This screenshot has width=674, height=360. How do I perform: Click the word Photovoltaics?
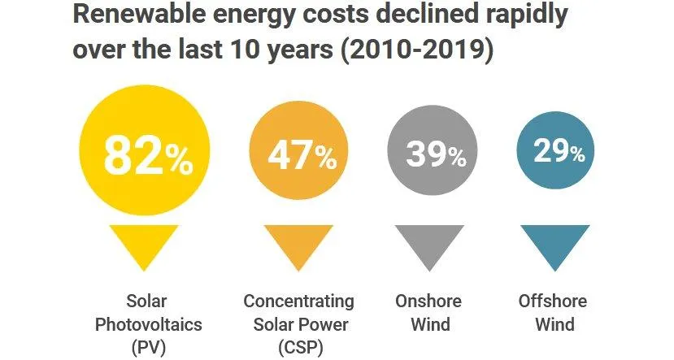click(148, 325)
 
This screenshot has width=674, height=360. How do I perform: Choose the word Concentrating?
click(299, 301)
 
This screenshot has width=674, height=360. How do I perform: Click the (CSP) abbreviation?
click(299, 349)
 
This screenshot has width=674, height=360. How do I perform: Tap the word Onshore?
click(428, 301)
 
